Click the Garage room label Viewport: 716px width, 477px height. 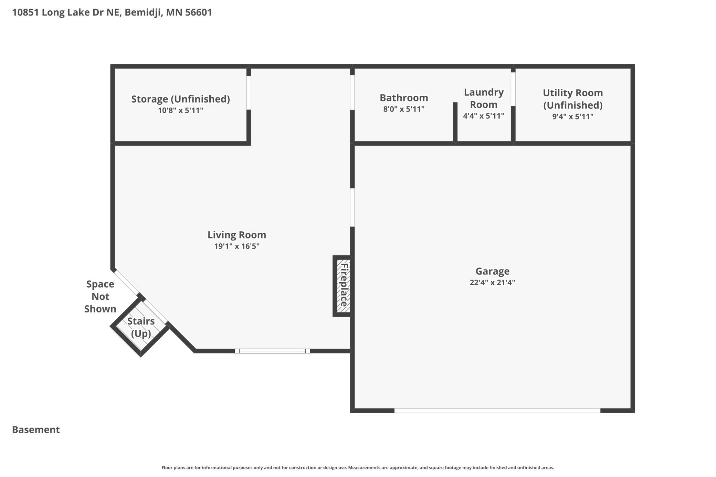pyautogui.click(x=492, y=271)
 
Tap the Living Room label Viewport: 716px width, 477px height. pyautogui.click(x=237, y=235)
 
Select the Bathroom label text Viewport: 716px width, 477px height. pyautogui.click(x=404, y=98)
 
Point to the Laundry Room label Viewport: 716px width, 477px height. pyautogui.click(x=484, y=98)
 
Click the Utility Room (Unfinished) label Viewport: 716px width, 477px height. pyautogui.click(x=573, y=99)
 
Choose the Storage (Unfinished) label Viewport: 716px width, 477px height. pyautogui.click(x=181, y=99)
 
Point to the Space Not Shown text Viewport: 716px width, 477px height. pyautogui.click(x=100, y=296)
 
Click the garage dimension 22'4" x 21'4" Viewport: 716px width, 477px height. pyautogui.click(x=492, y=283)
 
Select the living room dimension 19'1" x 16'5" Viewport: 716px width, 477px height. pyautogui.click(x=237, y=246)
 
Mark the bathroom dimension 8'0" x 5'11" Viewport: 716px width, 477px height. pyautogui.click(x=404, y=109)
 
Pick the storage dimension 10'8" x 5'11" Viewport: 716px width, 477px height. pyautogui.click(x=181, y=110)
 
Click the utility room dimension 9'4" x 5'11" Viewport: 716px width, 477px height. pyautogui.click(x=573, y=117)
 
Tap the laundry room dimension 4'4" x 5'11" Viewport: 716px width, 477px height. pyautogui.click(x=484, y=116)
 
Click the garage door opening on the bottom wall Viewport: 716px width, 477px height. pyautogui.click(x=497, y=411)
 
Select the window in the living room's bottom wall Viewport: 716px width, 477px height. pyautogui.click(x=272, y=351)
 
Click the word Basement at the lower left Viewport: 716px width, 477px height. pyautogui.click(x=36, y=430)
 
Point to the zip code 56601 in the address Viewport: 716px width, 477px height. pyautogui.click(x=199, y=12)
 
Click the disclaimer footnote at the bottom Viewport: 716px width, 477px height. pyautogui.click(x=358, y=467)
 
